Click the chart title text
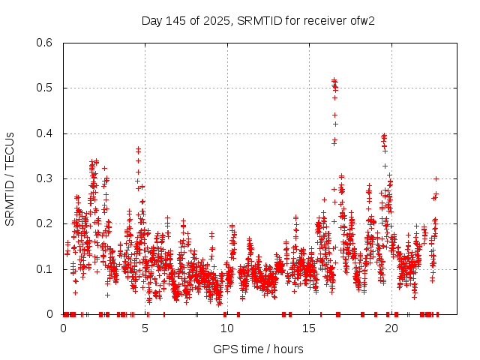pyautogui.click(x=258, y=20)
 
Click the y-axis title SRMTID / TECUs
pyautogui.click(x=10, y=178)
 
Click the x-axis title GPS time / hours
pyautogui.click(x=258, y=349)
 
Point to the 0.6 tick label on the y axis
pyautogui.click(x=46, y=43)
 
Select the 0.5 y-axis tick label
pyautogui.click(x=46, y=88)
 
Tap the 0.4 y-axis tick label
pyautogui.click(x=46, y=133)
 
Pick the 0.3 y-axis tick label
pyautogui.click(x=46, y=178)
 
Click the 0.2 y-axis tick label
pyautogui.click(x=46, y=224)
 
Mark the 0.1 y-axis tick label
pyautogui.click(x=46, y=269)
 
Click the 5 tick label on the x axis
pyautogui.click(x=145, y=328)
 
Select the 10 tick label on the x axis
pyautogui.click(x=227, y=328)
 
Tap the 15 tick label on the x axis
pyautogui.click(x=310, y=328)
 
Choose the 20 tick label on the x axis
pyautogui.click(x=391, y=328)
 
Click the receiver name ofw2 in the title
pyautogui.click(x=363, y=20)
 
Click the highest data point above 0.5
pyautogui.click(x=333, y=79)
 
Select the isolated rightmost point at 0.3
pyautogui.click(x=436, y=178)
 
